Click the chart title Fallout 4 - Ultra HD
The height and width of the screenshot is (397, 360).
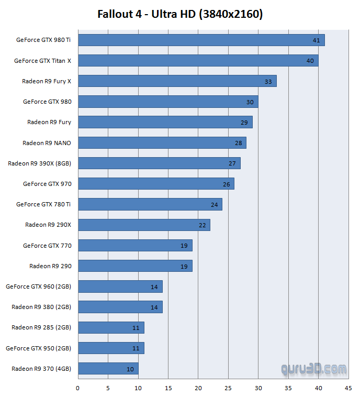tap(180, 14)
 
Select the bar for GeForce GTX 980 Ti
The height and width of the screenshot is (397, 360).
tap(201, 40)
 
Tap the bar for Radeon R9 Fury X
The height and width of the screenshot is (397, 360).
tap(177, 81)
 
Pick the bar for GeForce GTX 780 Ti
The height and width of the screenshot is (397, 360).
tap(150, 204)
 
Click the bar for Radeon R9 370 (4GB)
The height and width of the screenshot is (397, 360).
tap(108, 369)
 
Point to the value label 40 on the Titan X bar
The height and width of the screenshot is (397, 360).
tap(310, 61)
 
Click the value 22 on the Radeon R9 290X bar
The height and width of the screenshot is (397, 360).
tap(202, 225)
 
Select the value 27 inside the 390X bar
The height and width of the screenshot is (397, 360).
tap(232, 163)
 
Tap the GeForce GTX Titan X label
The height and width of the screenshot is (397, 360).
tap(42, 61)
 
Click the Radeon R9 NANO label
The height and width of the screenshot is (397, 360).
tap(47, 143)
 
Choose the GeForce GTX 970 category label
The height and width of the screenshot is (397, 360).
tap(47, 184)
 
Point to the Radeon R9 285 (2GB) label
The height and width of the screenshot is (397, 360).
tap(41, 327)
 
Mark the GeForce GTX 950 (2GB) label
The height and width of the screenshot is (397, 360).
tap(38, 348)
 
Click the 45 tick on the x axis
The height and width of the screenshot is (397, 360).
tap(348, 388)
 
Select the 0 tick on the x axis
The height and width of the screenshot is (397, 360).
tap(78, 388)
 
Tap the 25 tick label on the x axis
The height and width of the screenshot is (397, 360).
tap(228, 388)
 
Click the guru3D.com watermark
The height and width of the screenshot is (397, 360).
tap(313, 370)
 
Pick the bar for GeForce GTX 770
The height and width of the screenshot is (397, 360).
tap(135, 246)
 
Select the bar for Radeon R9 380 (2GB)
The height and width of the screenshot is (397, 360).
tap(120, 307)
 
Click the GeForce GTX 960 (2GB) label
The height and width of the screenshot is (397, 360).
tap(38, 286)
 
